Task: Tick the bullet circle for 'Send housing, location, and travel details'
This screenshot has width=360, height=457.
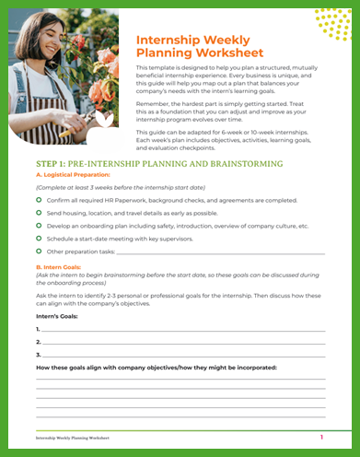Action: pyautogui.click(x=39, y=212)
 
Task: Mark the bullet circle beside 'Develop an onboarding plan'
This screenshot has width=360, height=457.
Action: pyautogui.click(x=39, y=225)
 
